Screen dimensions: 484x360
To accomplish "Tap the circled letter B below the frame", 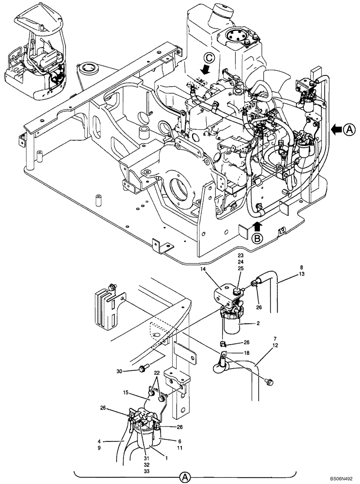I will [258, 238].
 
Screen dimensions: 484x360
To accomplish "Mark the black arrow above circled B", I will [258, 225].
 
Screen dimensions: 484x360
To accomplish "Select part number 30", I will [120, 371].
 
